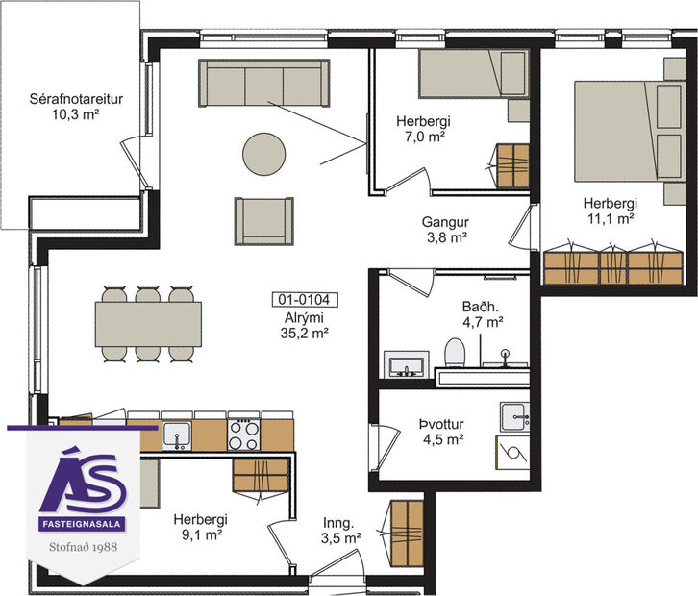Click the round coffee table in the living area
click(x=263, y=152)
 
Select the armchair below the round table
click(x=263, y=220)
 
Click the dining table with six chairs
click(x=148, y=324)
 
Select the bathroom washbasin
click(x=407, y=364)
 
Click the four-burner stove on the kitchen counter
click(x=242, y=435)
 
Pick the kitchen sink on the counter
click(x=176, y=435)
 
